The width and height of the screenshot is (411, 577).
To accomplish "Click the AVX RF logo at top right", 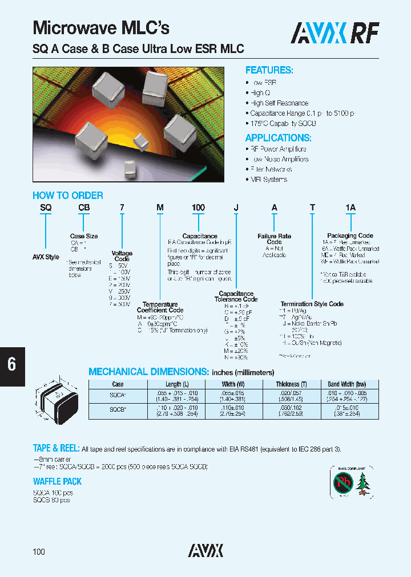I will (335, 34).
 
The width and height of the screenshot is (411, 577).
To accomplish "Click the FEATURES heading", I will (269, 70).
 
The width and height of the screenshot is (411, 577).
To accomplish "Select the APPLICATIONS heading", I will (278, 138).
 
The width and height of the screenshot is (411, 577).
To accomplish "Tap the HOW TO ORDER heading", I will (68, 196).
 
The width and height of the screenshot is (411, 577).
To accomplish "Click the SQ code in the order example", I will (46, 208).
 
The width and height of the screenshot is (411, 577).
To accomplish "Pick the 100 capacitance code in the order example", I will (198, 208).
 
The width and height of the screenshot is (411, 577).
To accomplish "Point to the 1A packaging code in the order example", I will (350, 208).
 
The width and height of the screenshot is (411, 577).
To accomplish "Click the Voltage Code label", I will (122, 256).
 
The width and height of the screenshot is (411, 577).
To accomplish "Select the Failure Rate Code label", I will (275, 239).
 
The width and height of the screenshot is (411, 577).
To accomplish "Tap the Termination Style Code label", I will (312, 304).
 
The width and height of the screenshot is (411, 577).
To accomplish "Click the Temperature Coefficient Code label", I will (160, 307).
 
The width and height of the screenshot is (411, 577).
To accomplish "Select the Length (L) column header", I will (174, 384).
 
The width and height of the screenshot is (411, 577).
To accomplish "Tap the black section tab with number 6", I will (12, 365).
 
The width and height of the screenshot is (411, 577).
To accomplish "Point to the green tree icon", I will (363, 483).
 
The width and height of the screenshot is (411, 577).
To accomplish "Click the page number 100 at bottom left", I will (39, 552).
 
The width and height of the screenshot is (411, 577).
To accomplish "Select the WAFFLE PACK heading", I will (57, 482).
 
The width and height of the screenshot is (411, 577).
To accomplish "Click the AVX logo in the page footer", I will (205, 550).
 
